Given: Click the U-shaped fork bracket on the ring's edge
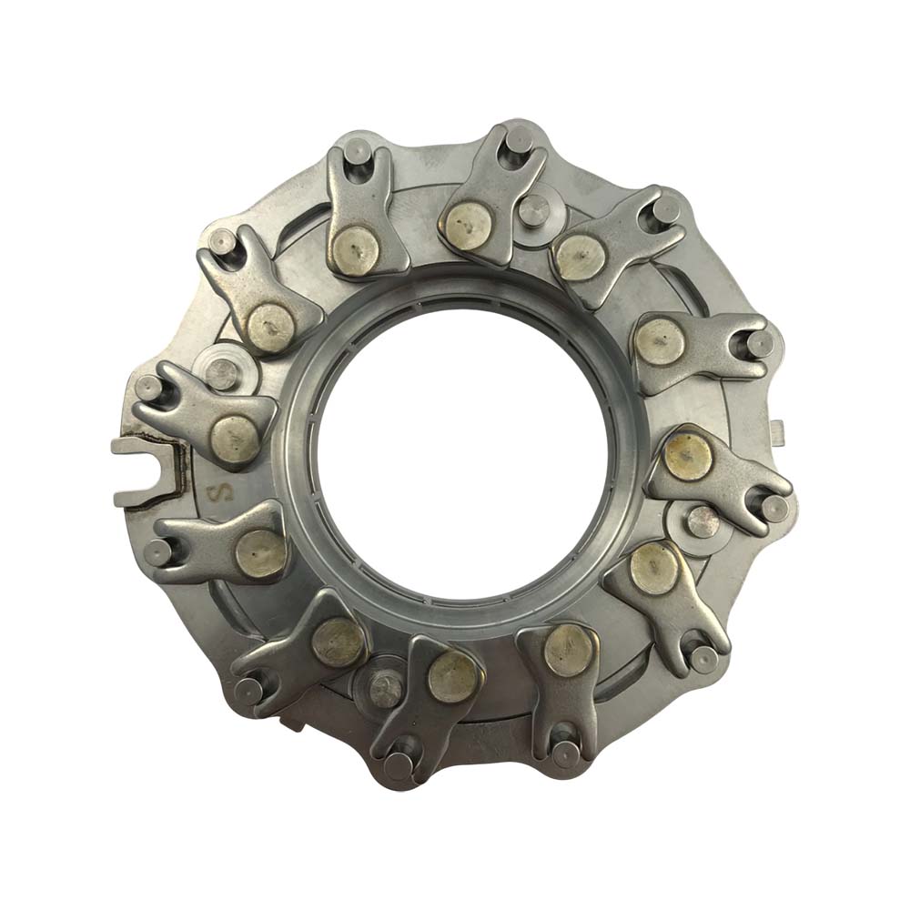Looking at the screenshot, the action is (x=145, y=471).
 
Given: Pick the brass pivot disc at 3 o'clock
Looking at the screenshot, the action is (x=688, y=456).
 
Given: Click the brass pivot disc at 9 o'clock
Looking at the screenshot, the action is (x=235, y=440).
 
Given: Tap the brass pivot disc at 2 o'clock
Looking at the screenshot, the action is (x=659, y=342).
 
